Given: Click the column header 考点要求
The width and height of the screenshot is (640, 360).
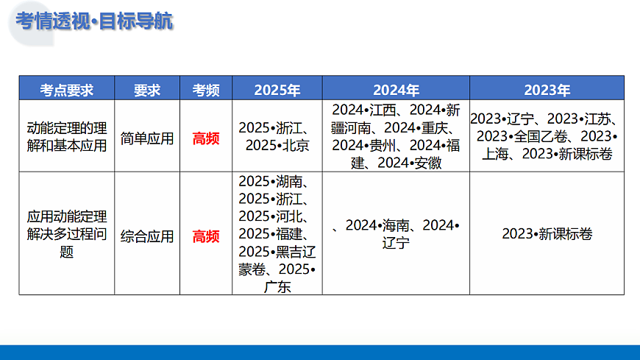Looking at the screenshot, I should pos(67,90).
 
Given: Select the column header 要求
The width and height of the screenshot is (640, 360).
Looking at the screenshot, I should pos(147,90).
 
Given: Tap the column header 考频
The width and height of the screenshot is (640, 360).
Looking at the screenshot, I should pos(206,90).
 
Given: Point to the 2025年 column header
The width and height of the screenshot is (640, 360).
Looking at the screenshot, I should pos(277,90).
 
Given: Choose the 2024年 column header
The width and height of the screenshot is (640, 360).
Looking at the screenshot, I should pos(396,90).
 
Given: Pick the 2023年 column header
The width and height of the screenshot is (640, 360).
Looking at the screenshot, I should pos(547,90).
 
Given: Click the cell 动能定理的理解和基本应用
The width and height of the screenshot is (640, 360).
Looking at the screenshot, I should pos(67,137).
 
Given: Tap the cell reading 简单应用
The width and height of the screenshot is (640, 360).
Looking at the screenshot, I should pos(147,138).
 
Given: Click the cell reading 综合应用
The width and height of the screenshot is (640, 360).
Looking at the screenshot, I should pos(147,236).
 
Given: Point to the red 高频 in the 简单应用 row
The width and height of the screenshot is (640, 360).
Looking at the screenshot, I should pos(206,138).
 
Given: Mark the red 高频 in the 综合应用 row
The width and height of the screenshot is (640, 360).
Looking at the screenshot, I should pos(206,236).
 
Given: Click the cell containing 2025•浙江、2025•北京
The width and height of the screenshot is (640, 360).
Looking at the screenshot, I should pos(277,137).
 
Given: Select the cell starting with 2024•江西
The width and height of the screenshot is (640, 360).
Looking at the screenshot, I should pos(396,137).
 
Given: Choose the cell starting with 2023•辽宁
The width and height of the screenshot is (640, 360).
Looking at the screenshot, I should pos(547,137).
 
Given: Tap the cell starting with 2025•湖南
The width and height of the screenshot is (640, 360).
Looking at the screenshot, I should pos(277,234).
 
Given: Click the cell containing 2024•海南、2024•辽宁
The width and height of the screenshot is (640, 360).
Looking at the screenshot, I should pos(396,234).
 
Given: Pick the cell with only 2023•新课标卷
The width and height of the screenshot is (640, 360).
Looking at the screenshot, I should pos(547,234).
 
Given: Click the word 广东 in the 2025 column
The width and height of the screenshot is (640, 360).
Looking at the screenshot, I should pos(277,287).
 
